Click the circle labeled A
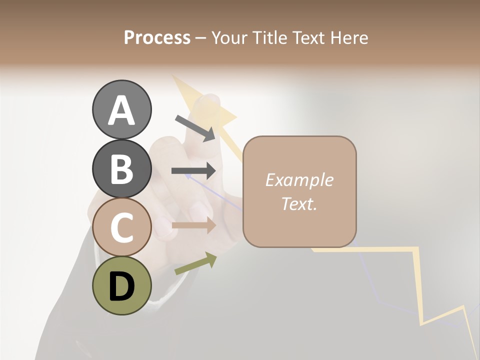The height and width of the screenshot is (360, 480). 121,109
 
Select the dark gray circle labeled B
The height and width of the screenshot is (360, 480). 121,168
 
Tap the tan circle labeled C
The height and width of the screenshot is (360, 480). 121,227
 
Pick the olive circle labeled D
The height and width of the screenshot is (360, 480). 121,285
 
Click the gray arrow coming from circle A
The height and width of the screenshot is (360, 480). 195,128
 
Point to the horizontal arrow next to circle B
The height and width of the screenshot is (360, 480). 193,171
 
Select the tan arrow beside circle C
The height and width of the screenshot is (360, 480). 193,225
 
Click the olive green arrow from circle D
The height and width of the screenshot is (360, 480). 195,263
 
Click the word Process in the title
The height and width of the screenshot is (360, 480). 157,37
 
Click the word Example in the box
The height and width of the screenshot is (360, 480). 299,180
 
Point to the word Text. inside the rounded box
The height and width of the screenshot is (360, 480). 299,203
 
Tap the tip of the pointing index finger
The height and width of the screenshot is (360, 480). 208,100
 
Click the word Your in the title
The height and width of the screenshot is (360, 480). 230,37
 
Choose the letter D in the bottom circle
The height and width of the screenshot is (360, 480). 121,286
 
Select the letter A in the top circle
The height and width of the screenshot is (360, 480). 121,110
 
